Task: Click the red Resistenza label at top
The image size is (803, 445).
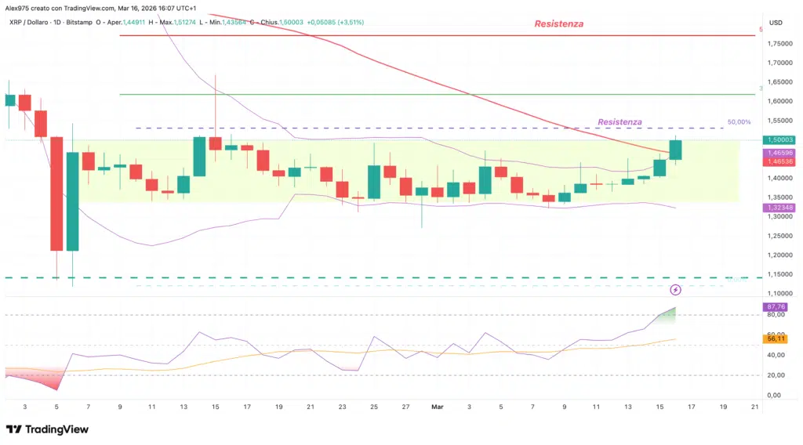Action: (x=558, y=24)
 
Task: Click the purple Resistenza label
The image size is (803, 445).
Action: (x=620, y=122)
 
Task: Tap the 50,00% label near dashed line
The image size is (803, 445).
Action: (x=739, y=122)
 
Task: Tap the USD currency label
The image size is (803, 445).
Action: (x=776, y=22)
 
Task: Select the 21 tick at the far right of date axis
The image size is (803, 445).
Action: (x=754, y=407)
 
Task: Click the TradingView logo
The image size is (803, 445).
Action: (x=48, y=429)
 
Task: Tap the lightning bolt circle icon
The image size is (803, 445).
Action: (x=676, y=290)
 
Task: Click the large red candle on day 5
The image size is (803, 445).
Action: (x=56, y=194)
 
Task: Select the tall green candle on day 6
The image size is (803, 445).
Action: (x=72, y=201)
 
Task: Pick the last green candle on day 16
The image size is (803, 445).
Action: (x=675, y=150)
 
